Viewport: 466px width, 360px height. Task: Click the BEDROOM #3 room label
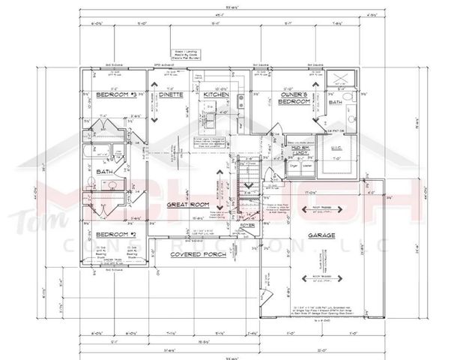pos(111,95)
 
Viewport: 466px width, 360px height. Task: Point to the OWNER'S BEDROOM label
pos(289,97)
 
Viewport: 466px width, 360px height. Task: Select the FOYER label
pos(246,224)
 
